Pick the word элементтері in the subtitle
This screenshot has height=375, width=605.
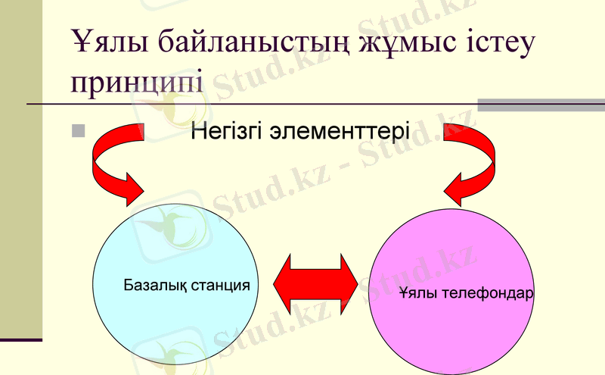click(x=341, y=133)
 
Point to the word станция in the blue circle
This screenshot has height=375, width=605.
click(x=220, y=286)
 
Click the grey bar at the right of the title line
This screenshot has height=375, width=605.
click(x=541, y=105)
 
